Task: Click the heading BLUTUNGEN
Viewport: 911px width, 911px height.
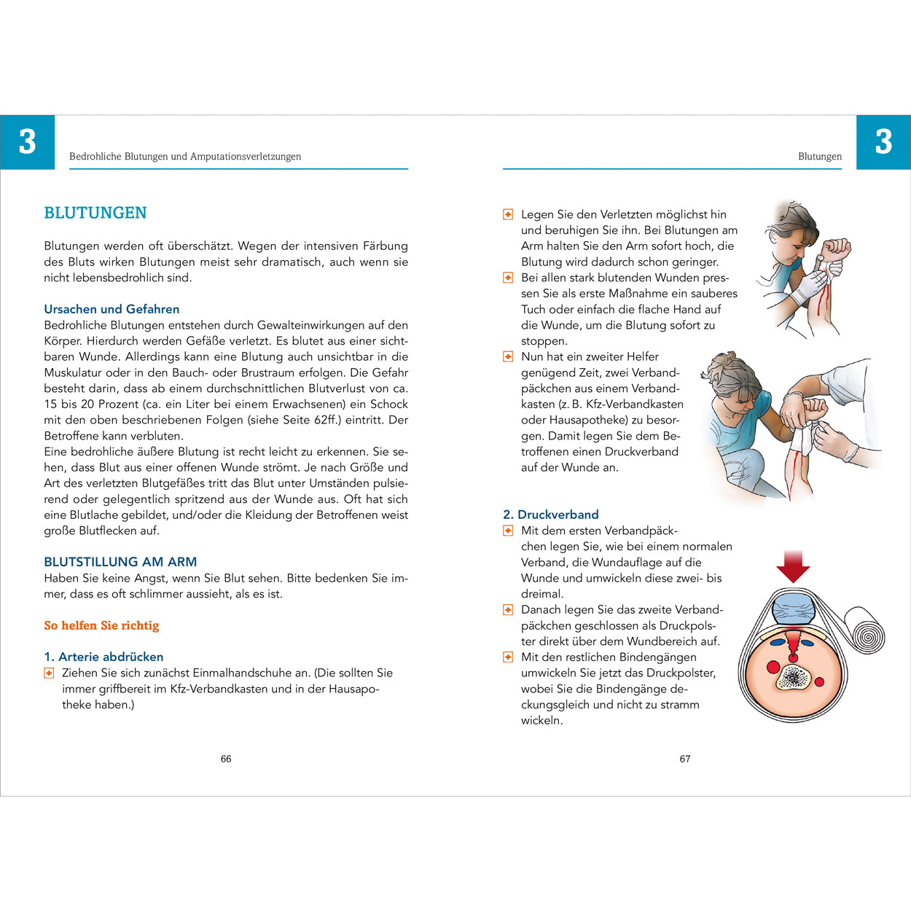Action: tap(95, 213)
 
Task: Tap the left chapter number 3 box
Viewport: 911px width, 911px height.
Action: tap(27, 142)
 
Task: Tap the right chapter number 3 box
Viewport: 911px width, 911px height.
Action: tap(883, 142)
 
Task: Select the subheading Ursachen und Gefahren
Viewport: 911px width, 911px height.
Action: tap(112, 309)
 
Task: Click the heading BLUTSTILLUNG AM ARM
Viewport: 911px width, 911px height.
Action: tap(120, 562)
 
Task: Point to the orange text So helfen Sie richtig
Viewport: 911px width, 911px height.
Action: tap(101, 625)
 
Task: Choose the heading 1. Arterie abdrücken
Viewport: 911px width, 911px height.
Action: tap(103, 657)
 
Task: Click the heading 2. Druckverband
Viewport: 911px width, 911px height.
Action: tap(551, 515)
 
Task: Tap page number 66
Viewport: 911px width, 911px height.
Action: tap(226, 759)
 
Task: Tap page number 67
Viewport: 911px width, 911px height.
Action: tap(685, 759)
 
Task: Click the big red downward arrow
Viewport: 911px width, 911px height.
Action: tap(793, 567)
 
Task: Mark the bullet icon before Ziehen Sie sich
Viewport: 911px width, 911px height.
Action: tap(49, 673)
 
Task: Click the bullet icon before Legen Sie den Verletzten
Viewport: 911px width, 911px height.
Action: tap(508, 214)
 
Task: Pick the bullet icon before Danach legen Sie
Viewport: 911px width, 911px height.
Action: tap(508, 610)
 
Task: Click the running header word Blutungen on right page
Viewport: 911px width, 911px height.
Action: tap(820, 157)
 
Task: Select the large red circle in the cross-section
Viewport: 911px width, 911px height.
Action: tap(773, 667)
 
